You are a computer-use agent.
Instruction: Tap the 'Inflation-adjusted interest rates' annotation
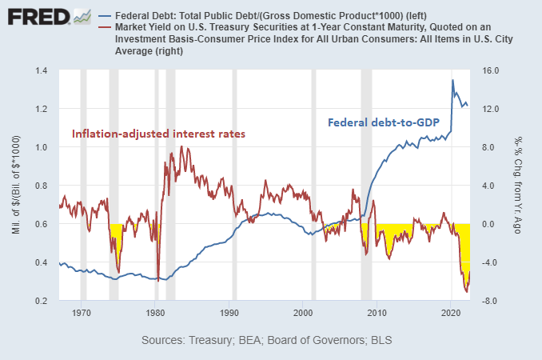(x=158, y=134)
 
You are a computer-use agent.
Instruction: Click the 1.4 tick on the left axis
(x=42, y=71)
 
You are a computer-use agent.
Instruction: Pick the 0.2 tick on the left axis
(x=42, y=301)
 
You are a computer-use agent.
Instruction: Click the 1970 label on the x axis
(x=82, y=314)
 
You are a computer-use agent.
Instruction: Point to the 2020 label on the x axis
(x=452, y=314)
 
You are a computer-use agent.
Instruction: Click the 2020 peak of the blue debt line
(x=452, y=80)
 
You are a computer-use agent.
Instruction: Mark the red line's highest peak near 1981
(x=169, y=147)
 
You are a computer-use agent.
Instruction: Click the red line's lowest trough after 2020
(x=466, y=293)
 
